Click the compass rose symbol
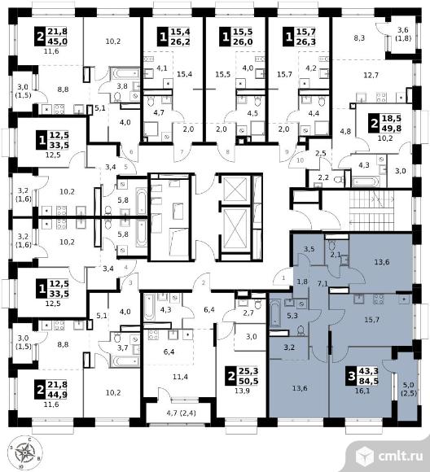[x=24, y=452]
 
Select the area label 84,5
[x=368, y=381]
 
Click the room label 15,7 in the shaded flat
[x=371, y=320]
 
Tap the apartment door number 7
[x=182, y=151]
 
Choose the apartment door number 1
[x=283, y=278]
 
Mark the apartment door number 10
[x=301, y=160]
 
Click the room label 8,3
[x=359, y=38]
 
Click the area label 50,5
[x=248, y=381]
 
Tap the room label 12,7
[x=371, y=75]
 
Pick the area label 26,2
[x=181, y=42]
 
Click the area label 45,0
[x=56, y=41]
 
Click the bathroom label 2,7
[x=248, y=312]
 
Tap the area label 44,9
[x=56, y=395]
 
